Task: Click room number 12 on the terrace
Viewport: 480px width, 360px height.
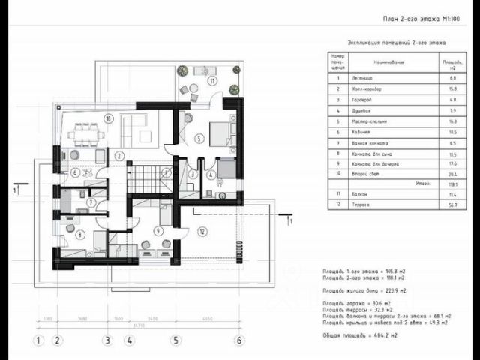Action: click(x=201, y=232)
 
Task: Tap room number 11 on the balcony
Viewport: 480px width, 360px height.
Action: click(x=212, y=80)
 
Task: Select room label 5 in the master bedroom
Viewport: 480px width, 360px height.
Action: click(x=198, y=139)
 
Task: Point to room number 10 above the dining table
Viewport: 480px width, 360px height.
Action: click(x=109, y=118)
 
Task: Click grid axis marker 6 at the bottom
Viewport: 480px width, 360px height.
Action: click(x=239, y=339)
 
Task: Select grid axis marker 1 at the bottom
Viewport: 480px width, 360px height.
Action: click(x=35, y=339)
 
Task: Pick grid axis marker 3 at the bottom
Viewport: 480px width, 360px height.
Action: click(x=107, y=339)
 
